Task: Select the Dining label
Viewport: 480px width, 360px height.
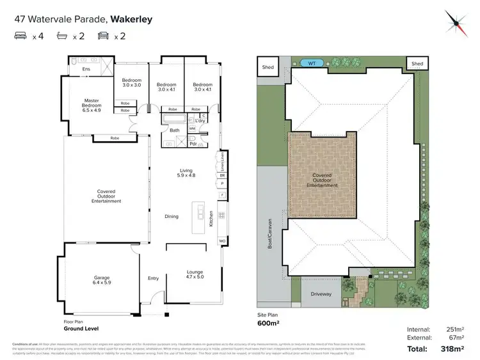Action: tap(172, 217)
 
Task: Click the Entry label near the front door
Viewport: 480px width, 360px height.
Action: tap(153, 278)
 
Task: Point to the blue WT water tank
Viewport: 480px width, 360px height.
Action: tap(312, 63)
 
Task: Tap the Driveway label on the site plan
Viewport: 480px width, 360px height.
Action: tap(321, 294)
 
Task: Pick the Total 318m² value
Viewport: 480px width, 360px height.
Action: tap(452, 348)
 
